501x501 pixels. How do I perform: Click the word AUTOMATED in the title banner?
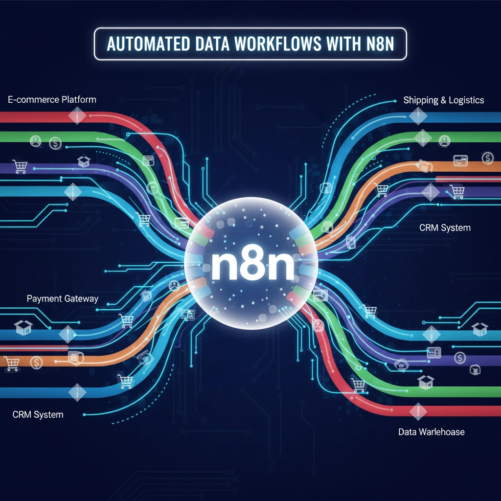click(146, 45)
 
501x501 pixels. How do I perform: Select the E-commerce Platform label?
click(52, 100)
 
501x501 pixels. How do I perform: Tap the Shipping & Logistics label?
click(443, 100)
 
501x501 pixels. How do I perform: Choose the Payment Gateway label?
click(62, 298)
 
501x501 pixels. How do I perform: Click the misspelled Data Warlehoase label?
click(431, 432)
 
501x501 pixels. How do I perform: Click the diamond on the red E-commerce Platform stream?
click(77, 116)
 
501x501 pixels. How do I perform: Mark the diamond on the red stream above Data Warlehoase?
click(417, 411)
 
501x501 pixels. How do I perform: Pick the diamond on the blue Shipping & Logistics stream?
click(418, 116)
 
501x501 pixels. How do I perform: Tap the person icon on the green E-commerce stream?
click(36, 142)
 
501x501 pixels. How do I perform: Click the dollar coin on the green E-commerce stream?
click(55, 143)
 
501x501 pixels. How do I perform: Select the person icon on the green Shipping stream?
click(444, 141)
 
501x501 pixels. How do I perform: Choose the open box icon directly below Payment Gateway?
click(23, 327)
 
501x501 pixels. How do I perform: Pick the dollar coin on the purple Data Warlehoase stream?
click(459, 358)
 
